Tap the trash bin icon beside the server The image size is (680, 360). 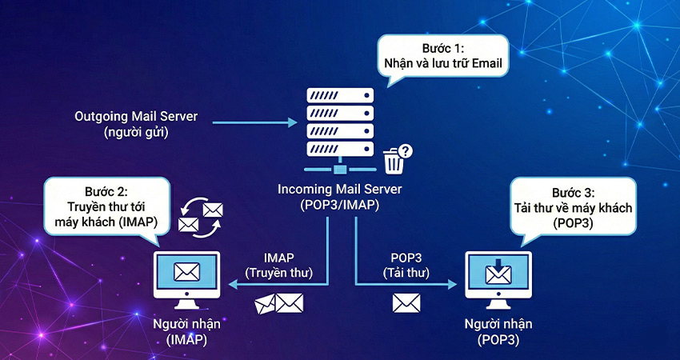pyautogui.click(x=394, y=162)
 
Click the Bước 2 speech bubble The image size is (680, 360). pyautogui.click(x=107, y=205)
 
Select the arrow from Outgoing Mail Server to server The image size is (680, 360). pyautogui.click(x=254, y=122)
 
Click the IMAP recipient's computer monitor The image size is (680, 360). pyautogui.click(x=186, y=276)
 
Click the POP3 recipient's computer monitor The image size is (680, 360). pyautogui.click(x=498, y=276)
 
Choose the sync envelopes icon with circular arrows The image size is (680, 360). pyautogui.click(x=201, y=217)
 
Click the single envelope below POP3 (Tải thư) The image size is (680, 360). pyautogui.click(x=406, y=302)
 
